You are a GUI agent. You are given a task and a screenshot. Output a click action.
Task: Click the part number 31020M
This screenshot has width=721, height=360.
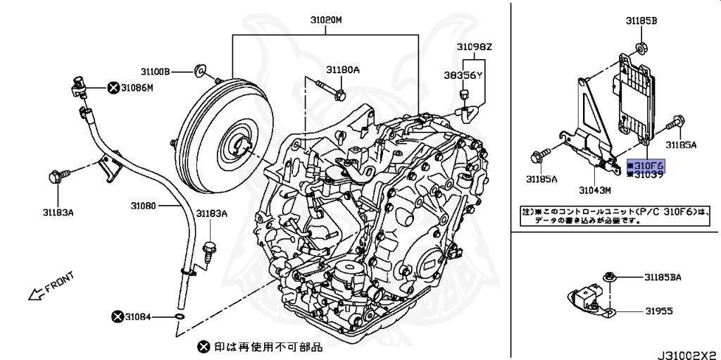click(326, 20)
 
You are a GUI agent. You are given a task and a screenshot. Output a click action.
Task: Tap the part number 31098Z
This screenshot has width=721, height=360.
click(473, 48)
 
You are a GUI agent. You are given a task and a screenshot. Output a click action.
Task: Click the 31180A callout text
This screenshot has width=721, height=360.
click(342, 70)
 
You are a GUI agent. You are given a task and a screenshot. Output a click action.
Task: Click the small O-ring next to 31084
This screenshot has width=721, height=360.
click(180, 318)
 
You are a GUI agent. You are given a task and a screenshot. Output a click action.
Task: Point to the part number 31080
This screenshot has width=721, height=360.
click(145, 206)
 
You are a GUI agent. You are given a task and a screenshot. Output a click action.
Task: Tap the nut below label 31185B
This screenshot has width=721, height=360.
click(641, 48)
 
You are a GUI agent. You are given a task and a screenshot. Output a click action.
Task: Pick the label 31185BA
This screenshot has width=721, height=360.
click(664, 278)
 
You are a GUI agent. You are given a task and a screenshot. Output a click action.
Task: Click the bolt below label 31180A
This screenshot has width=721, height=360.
click(332, 91)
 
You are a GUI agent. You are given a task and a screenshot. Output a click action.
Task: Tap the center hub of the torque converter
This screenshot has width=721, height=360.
click(237, 146)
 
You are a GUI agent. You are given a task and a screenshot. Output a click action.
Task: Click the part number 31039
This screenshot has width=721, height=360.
click(649, 174)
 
